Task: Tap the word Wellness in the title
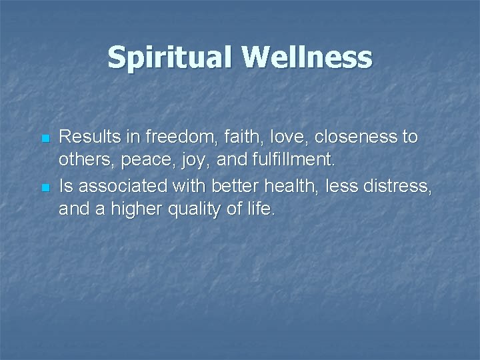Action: point(304,57)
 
